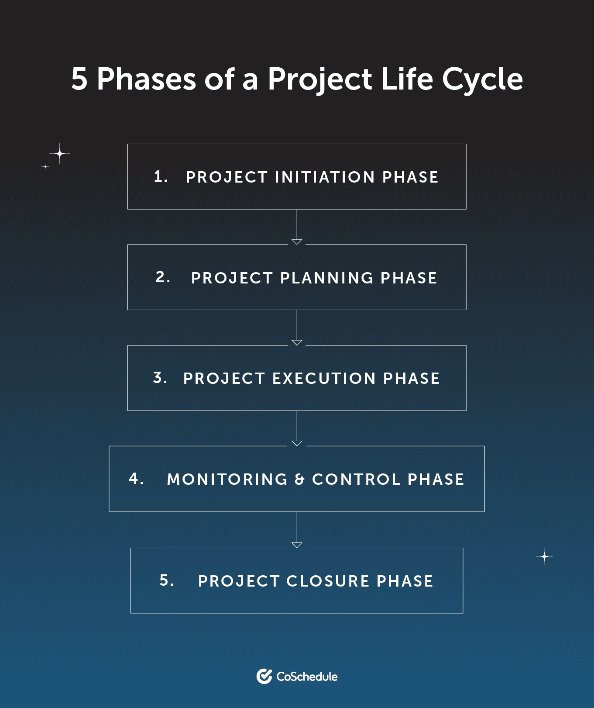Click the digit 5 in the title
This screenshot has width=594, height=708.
coord(79,79)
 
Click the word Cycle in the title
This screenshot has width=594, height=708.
coord(482,80)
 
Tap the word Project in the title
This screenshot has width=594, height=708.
coord(319,80)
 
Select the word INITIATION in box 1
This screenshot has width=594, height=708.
coord(325,177)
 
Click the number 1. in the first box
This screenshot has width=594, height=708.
coord(161,176)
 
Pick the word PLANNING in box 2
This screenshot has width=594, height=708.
coord(326,278)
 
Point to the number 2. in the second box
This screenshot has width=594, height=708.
coord(163,277)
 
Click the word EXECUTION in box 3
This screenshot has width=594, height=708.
coord(324,378)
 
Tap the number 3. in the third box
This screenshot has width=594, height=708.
coord(160,378)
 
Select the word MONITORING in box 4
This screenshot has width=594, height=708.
coord(227,479)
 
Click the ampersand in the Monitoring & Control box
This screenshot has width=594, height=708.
coord(300,480)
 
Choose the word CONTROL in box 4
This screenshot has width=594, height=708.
coord(356,479)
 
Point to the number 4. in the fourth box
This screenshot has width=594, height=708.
coord(136,479)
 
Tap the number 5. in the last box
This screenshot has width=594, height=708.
coord(166,580)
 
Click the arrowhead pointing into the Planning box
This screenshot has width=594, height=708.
coord(297,242)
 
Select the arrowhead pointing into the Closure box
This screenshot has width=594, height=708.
coord(297,545)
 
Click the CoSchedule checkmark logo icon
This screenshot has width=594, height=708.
coord(264,676)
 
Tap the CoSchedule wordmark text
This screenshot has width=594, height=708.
coord(307,677)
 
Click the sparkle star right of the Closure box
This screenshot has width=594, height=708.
coord(544,557)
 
